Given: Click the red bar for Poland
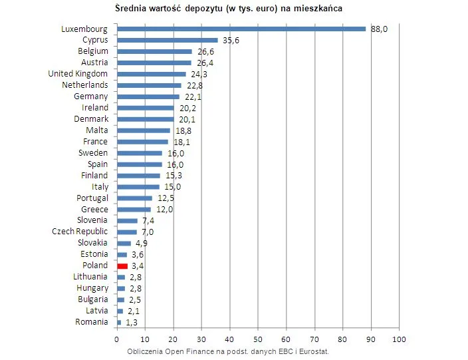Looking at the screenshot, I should coord(122,266).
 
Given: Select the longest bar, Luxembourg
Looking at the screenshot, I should coord(241,29).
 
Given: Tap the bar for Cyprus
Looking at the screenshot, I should coord(168,40).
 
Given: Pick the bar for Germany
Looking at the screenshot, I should coord(148,96).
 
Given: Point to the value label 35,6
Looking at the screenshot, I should coord(231,40).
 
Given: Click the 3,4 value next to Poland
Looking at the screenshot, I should coord(138,266).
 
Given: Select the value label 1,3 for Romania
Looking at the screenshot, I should coord(132,322).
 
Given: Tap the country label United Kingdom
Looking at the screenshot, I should coord(78,73).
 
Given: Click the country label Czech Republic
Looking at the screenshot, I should coord(80,232).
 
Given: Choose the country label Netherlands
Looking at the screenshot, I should coord(85,85).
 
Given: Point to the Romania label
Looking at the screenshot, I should coord(92,322).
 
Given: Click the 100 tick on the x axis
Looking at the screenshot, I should coord(399,339).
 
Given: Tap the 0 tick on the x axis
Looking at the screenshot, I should coord(117,339).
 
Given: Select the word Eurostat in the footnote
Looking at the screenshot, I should coord(312,351).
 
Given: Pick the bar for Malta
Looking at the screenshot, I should coord(144,130).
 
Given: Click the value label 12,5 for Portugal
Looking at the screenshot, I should coord(165,198).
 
